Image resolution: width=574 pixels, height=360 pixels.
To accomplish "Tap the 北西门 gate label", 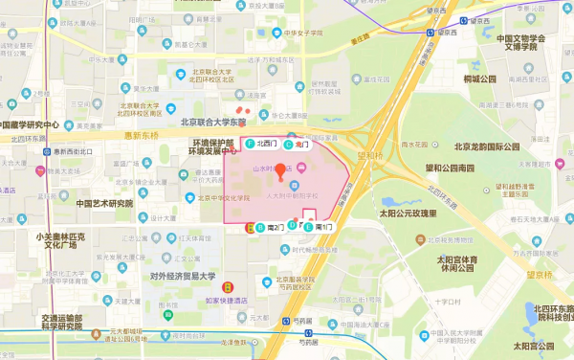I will (x=260, y=143).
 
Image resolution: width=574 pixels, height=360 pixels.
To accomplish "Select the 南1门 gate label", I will (x=319, y=227).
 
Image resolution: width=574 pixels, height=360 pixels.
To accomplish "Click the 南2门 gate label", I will (x=271, y=227).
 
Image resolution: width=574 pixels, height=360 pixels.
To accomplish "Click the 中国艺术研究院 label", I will (x=92, y=204).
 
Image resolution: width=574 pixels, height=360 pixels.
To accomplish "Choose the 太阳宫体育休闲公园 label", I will (x=456, y=263).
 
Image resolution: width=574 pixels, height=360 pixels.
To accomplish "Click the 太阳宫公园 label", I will (x=533, y=345).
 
